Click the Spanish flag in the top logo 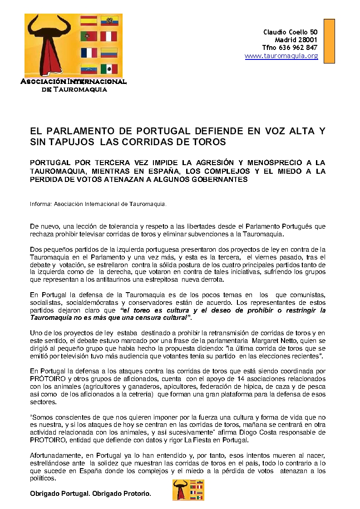coord(89,21)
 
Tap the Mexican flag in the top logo coord(109,69)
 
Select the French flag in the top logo coord(89,53)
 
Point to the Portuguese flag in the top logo coord(89,37)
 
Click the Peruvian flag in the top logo coord(109,37)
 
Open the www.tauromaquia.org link coord(281,56)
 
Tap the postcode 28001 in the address coord(308,40)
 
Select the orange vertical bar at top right coord(329,41)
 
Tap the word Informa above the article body coord(40,204)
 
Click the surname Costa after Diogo coord(260,432)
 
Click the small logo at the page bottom coord(188,490)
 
